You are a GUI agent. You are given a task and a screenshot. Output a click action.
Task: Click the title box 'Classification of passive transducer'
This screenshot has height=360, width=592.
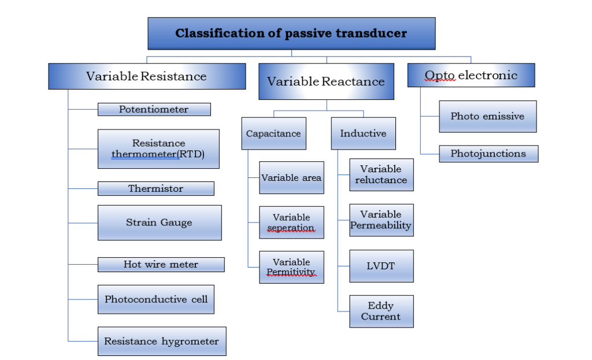(x=291, y=34)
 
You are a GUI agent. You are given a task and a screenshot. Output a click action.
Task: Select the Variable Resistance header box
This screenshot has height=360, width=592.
(x=147, y=76)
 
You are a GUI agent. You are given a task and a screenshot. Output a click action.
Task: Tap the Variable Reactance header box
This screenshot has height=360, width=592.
(x=326, y=81)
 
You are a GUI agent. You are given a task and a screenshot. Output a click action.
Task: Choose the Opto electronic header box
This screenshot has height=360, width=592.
(x=471, y=75)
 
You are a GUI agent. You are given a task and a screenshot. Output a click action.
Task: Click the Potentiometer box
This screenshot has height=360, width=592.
(x=154, y=109)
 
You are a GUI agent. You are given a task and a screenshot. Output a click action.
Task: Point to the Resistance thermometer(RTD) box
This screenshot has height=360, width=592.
(x=158, y=149)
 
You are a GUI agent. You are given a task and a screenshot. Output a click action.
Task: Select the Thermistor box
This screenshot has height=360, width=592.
(x=156, y=188)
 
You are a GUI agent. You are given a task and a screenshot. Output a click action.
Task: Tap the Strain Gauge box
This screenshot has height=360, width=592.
(x=160, y=222)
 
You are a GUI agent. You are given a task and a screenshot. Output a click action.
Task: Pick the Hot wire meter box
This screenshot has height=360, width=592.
(x=161, y=265)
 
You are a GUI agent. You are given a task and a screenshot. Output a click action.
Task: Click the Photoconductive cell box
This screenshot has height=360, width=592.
(x=156, y=299)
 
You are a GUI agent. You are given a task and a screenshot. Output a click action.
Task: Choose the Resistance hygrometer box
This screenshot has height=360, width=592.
(x=161, y=341)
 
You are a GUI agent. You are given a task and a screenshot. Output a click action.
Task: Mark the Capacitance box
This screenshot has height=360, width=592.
(x=273, y=133)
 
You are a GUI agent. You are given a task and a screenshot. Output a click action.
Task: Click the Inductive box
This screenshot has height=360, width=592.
(x=363, y=133)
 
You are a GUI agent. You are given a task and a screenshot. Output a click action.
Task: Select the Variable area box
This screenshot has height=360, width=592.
(x=291, y=177)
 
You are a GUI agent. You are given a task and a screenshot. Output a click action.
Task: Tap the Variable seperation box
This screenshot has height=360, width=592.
(x=291, y=222)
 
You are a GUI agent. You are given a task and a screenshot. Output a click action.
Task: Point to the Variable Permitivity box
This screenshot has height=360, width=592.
(x=291, y=267)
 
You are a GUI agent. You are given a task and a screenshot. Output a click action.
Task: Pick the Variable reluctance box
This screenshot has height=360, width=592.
(x=381, y=175)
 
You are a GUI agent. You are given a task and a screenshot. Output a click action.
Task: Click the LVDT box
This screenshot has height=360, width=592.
(x=381, y=266)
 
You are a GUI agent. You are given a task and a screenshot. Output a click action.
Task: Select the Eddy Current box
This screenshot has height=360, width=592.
(x=381, y=311)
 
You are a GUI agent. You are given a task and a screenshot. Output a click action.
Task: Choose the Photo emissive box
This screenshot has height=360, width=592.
(x=487, y=116)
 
